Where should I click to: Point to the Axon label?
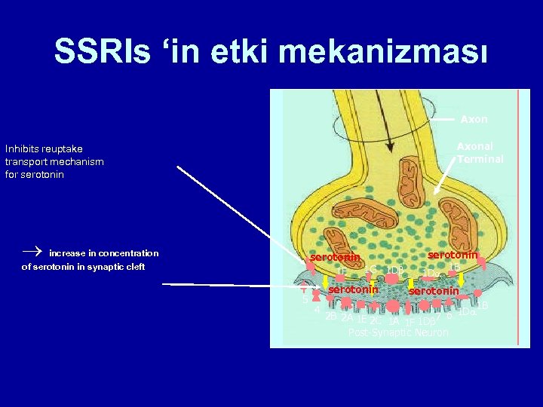[474, 119]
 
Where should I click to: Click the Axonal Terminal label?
[480, 153]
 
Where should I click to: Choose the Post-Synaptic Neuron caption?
[398, 332]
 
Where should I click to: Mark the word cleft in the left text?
[133, 266]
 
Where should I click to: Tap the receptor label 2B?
[330, 317]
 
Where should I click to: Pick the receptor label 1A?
[394, 322]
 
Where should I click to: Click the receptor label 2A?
[347, 317]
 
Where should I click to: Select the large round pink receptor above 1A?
[394, 307]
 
